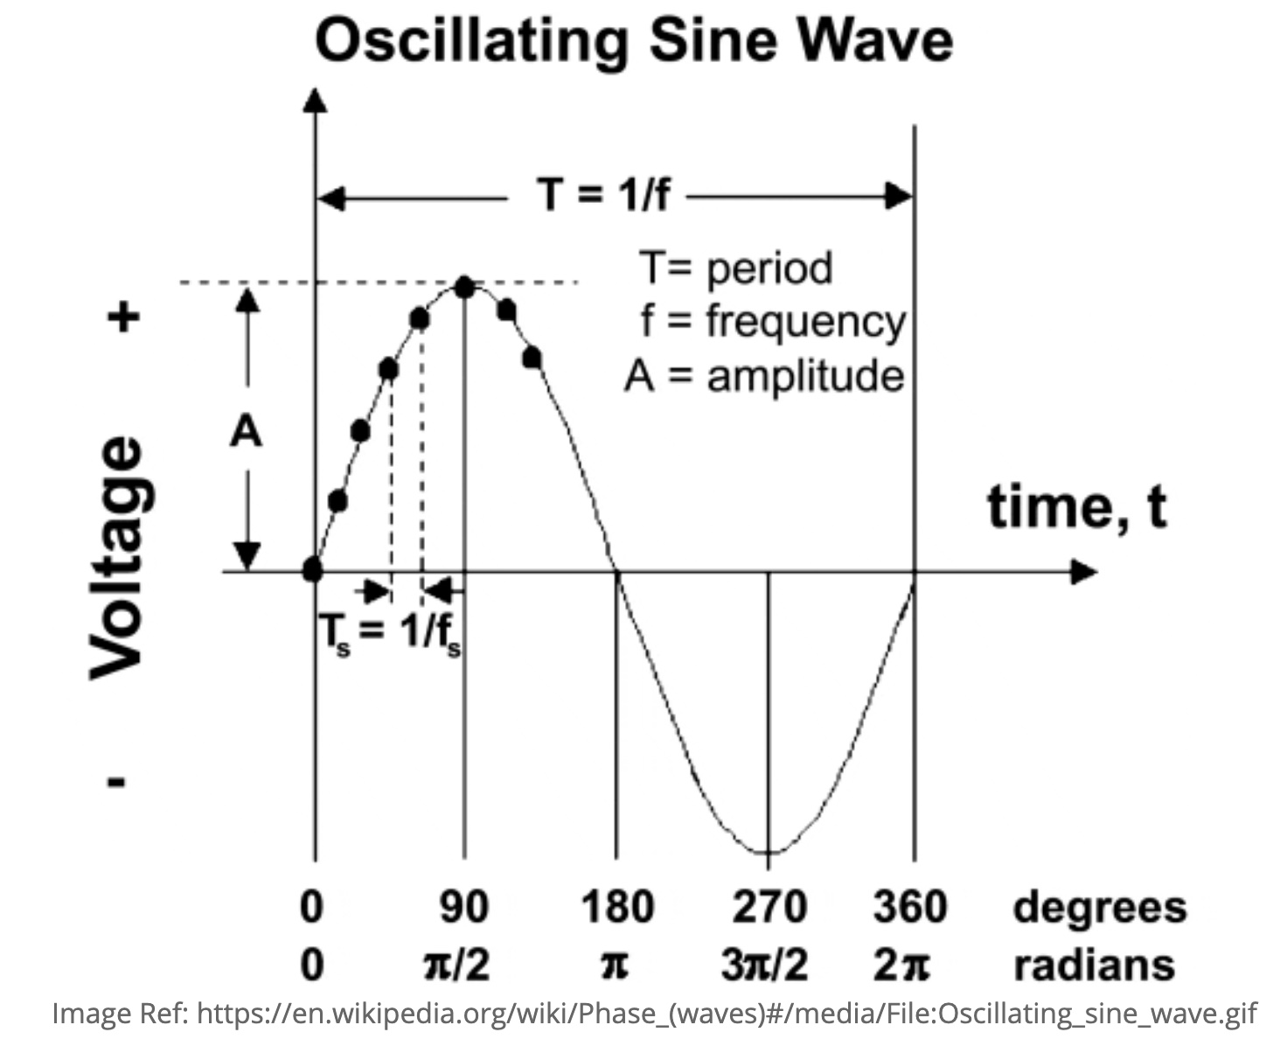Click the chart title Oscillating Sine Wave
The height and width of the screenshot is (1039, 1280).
click(633, 41)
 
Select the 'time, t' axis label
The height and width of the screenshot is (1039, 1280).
click(1076, 506)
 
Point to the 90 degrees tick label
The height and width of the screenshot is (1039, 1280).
click(463, 907)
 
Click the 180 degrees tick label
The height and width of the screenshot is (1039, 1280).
click(616, 907)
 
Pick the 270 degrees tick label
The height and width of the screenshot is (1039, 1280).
click(769, 907)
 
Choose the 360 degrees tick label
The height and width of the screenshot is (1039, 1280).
click(909, 907)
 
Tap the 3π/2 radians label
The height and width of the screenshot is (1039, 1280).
click(764, 966)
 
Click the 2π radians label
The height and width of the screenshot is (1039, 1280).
click(901, 966)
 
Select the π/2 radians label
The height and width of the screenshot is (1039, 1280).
click(456, 966)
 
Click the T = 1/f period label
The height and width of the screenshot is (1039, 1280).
click(602, 193)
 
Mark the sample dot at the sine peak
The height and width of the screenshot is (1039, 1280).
click(464, 287)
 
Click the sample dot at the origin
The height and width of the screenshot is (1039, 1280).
click(312, 571)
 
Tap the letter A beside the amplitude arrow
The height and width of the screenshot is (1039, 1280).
click(246, 432)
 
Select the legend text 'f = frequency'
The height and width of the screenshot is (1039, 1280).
click(773, 321)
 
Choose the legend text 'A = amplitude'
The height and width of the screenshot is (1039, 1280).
click(764, 376)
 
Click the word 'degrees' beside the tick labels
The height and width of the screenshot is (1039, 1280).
click(1099, 907)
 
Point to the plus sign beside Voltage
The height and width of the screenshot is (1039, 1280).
click(123, 317)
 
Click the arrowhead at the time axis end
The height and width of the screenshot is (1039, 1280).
click(1084, 572)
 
